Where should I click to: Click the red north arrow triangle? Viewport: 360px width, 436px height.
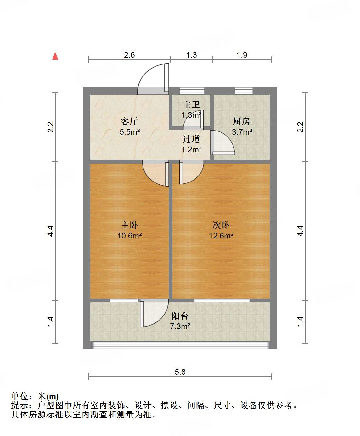pyautogui.click(x=55, y=56)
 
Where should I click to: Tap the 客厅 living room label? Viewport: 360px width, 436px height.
pyautogui.click(x=129, y=121)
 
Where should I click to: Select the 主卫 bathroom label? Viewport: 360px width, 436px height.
pyautogui.click(x=191, y=104)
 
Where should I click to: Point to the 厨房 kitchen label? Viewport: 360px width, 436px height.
pyautogui.click(x=241, y=121)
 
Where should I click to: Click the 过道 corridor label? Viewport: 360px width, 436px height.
pyautogui.click(x=191, y=139)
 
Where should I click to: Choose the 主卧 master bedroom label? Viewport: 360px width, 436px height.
pyautogui.click(x=129, y=225)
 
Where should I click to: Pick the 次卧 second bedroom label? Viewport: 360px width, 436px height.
pyautogui.click(x=221, y=225)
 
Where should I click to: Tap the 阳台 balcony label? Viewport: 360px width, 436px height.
pyautogui.click(x=180, y=316)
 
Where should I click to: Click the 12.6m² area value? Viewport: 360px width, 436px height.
pyautogui.click(x=221, y=236)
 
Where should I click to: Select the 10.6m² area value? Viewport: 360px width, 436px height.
pyautogui.click(x=129, y=236)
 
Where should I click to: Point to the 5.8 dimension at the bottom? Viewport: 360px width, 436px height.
pyautogui.click(x=180, y=372)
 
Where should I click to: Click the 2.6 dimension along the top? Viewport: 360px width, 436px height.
pyautogui.click(x=129, y=55)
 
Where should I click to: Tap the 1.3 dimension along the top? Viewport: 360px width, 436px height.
pyautogui.click(x=191, y=55)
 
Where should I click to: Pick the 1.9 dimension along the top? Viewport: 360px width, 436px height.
pyautogui.click(x=242, y=55)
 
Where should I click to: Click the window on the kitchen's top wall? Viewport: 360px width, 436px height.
pyautogui.click(x=244, y=91)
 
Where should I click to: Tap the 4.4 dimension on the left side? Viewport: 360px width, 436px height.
pyautogui.click(x=51, y=231)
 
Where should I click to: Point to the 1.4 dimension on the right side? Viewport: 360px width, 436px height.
pyautogui.click(x=300, y=321)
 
